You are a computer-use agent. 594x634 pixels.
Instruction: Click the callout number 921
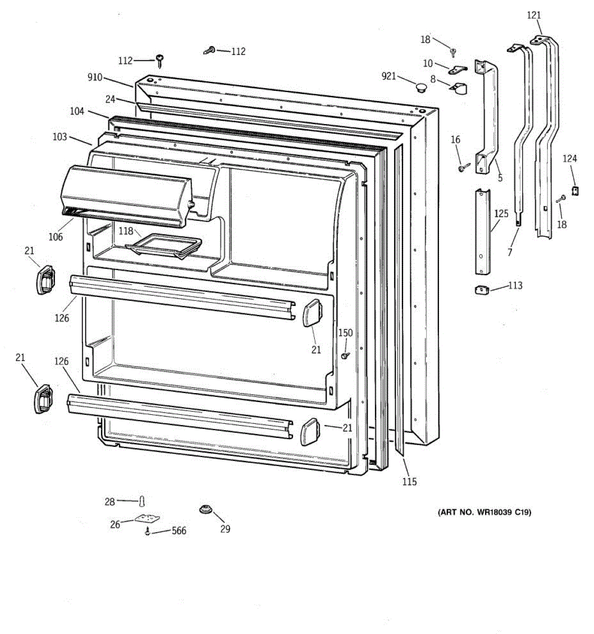click(x=389, y=77)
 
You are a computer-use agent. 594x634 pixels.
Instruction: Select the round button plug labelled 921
click(x=421, y=87)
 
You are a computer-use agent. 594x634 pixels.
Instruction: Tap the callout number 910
click(x=95, y=78)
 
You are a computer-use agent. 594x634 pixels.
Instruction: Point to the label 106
click(x=55, y=237)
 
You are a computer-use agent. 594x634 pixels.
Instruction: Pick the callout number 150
click(x=345, y=333)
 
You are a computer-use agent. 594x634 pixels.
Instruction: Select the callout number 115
click(x=409, y=481)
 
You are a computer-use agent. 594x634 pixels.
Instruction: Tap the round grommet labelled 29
click(x=205, y=510)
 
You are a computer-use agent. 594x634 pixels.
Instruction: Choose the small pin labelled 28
click(x=142, y=501)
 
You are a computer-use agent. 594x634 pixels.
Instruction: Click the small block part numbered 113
click(x=481, y=290)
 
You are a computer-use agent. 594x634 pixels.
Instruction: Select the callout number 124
click(x=570, y=158)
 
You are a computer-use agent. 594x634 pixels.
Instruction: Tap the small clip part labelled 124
click(x=577, y=189)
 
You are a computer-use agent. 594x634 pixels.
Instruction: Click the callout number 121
click(x=534, y=15)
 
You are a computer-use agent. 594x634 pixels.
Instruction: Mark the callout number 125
click(x=501, y=214)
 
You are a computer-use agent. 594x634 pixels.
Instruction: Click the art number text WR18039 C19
click(x=484, y=512)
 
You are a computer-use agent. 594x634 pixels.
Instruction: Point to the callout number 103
click(x=60, y=137)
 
